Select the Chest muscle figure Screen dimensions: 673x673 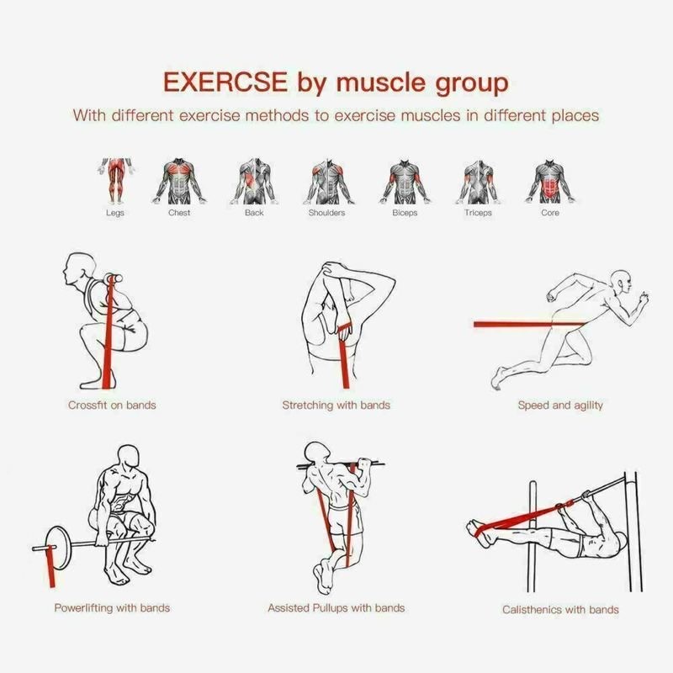pyautogui.click(x=178, y=180)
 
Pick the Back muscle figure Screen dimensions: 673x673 pyautogui.click(x=254, y=180)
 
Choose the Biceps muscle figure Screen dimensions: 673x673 pyautogui.click(x=404, y=180)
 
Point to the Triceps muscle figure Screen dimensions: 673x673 pyautogui.click(x=478, y=180)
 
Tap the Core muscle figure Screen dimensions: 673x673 pyautogui.click(x=549, y=180)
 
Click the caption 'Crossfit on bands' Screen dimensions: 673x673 pyautogui.click(x=112, y=405)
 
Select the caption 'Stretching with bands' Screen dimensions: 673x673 pyautogui.click(x=336, y=405)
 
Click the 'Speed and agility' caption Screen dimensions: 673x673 pyautogui.click(x=560, y=405)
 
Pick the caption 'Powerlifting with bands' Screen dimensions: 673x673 pyautogui.click(x=112, y=607)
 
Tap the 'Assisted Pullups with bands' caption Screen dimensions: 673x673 pyautogui.click(x=336, y=607)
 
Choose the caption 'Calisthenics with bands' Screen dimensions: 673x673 pyautogui.click(x=560, y=609)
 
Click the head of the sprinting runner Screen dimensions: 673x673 pyautogui.click(x=619, y=281)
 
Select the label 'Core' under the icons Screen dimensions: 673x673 pyautogui.click(x=549, y=213)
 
